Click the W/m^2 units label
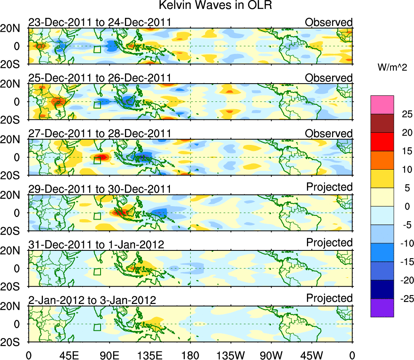[392, 68]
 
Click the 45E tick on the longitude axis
[69, 355]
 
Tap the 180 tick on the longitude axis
[190, 355]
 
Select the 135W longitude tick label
[231, 355]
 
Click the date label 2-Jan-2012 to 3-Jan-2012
[92, 300]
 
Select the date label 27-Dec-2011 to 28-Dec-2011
[99, 134]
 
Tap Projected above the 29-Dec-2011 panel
[329, 187]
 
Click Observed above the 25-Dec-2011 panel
[329, 78]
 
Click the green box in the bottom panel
[97, 328]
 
